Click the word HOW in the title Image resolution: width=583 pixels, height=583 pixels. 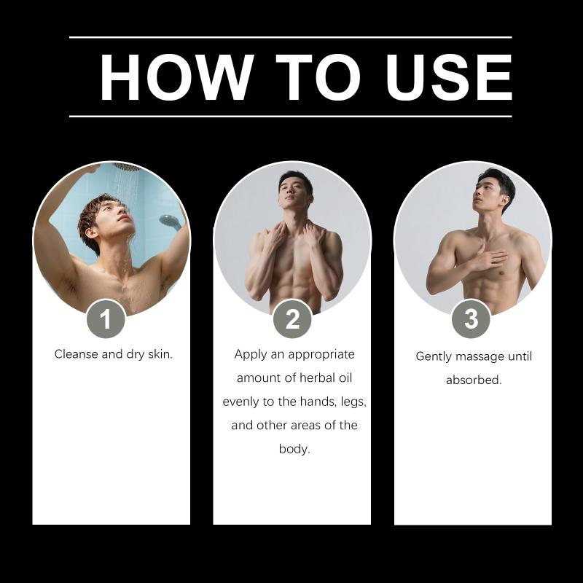coord(176,77)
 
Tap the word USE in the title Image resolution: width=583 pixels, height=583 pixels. coord(449,77)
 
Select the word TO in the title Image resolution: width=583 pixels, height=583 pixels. coord(318,77)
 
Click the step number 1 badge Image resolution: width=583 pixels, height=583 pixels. coord(106,319)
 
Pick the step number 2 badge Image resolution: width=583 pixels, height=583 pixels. coord(292,319)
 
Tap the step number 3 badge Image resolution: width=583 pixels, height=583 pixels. coord(471,319)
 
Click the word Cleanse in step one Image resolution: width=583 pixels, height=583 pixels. coord(77,354)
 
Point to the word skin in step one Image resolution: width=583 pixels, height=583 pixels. coord(160,354)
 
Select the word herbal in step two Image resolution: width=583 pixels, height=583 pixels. coord(317,378)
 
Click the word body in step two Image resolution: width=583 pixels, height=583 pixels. coord(294,449)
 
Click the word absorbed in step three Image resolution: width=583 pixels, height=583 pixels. coord(474,380)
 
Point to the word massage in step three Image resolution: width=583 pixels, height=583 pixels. coord(480,357)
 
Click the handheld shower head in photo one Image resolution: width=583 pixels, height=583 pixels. coord(170,222)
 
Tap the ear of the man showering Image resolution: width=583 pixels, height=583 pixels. coord(90,233)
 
